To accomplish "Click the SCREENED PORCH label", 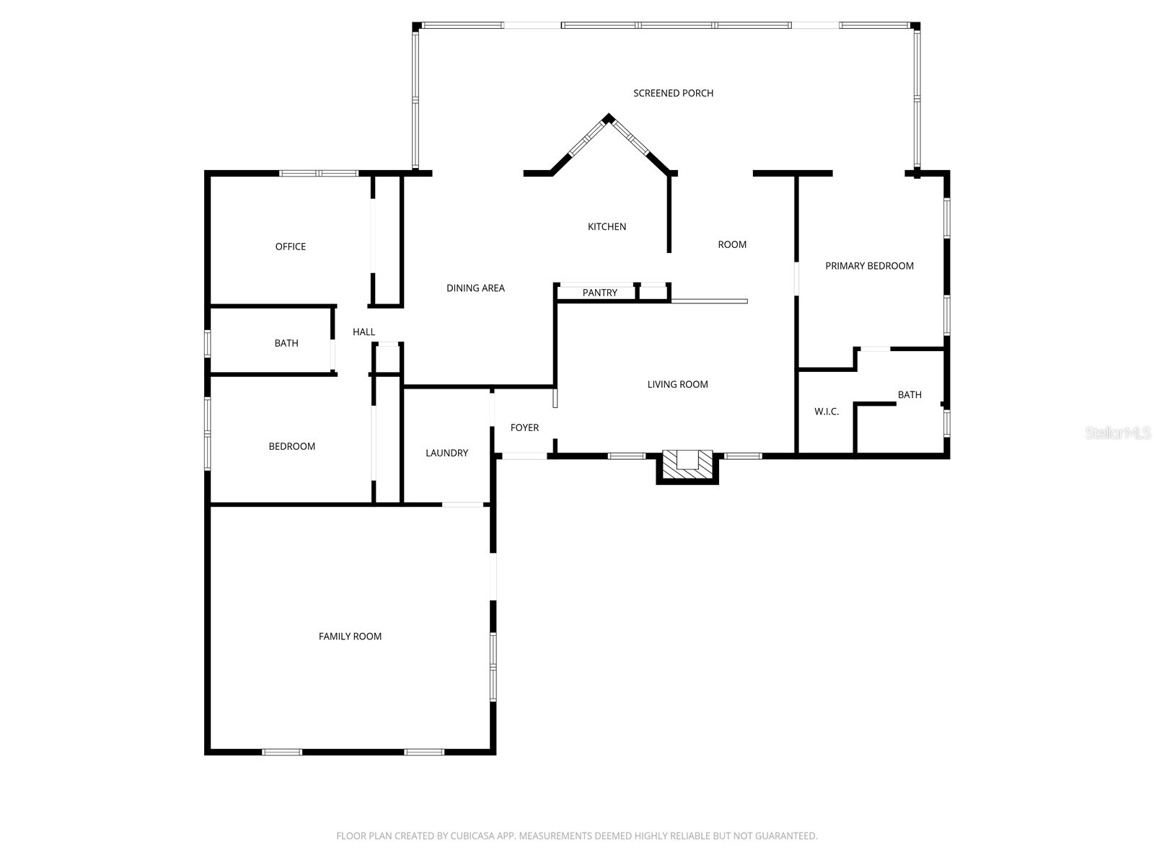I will point(673,93).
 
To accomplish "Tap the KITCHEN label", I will point(607,226).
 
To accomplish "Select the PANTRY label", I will point(599,293).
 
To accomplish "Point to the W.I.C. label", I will point(827,412).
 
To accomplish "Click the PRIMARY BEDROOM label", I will point(869,266).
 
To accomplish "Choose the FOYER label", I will point(524,427).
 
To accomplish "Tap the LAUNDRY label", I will point(446,453).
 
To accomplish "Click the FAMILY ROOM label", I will point(350,636).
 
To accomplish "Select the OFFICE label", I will point(290,247).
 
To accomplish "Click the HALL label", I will point(364,332).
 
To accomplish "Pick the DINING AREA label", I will point(475,288).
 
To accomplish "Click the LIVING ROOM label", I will point(677,384).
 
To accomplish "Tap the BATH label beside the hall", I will point(286,343).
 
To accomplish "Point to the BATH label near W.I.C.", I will point(909,394).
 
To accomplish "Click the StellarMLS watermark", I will point(1118,432).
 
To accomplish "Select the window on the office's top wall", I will point(318,173).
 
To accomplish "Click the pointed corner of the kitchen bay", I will point(609,118).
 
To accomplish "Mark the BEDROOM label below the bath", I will point(291,446).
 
